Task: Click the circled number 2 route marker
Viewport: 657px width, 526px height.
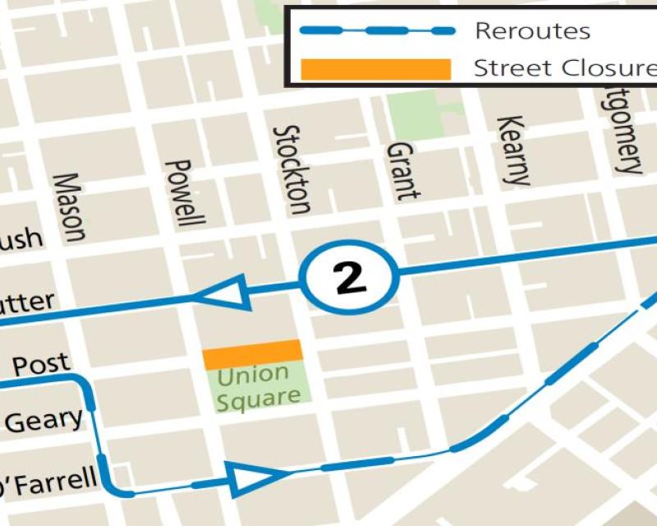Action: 349,279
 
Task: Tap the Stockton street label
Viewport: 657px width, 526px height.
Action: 292,168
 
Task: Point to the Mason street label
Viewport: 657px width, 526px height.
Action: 69,207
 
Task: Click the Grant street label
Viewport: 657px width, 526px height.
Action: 402,171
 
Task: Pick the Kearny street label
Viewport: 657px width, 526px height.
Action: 512,150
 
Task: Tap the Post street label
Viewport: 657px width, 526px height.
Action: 41,364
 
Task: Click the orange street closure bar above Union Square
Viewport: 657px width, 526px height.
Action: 253,354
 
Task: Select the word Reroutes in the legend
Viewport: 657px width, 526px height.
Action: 532,31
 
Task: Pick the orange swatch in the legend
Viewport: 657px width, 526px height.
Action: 376,69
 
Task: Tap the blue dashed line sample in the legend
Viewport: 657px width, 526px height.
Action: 376,31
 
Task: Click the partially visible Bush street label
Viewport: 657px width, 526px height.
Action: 21,239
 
